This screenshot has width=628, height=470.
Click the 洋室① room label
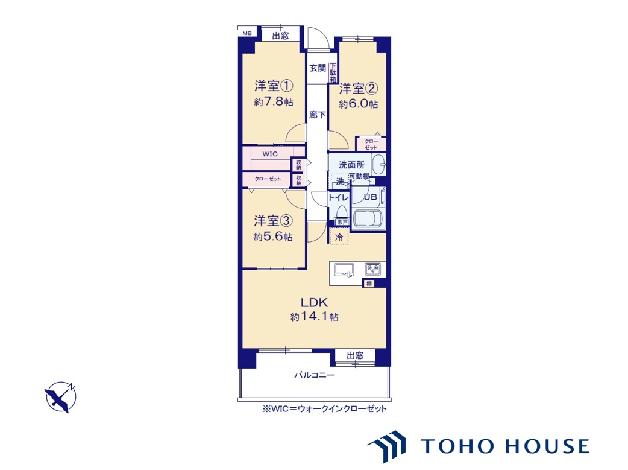(x=274, y=86)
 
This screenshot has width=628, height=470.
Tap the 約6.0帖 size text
(x=358, y=104)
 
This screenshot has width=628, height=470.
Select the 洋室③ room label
(x=274, y=221)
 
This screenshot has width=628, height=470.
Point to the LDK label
(x=315, y=302)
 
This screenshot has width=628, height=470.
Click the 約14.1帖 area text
(x=315, y=317)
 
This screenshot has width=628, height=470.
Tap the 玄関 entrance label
(x=318, y=68)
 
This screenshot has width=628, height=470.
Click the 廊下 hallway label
(x=317, y=115)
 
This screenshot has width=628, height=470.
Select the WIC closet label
(x=270, y=154)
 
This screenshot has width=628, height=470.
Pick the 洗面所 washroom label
(x=351, y=165)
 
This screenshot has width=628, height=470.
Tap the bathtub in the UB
(x=368, y=218)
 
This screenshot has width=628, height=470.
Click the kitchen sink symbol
(x=344, y=270)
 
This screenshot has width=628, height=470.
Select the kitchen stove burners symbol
(x=373, y=269)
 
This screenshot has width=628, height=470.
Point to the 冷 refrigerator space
(x=339, y=237)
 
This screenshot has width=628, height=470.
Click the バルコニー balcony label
(x=315, y=375)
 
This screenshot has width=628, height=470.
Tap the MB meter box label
(x=247, y=34)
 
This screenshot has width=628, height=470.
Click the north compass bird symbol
(x=60, y=397)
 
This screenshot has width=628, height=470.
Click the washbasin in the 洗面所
(x=378, y=165)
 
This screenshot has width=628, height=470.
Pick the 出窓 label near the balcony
(x=355, y=356)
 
